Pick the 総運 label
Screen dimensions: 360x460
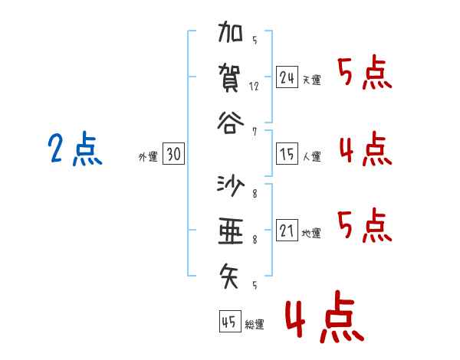(255, 325)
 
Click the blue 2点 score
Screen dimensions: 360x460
(74, 149)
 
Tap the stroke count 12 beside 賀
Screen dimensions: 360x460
(254, 87)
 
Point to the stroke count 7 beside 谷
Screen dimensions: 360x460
(254, 131)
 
